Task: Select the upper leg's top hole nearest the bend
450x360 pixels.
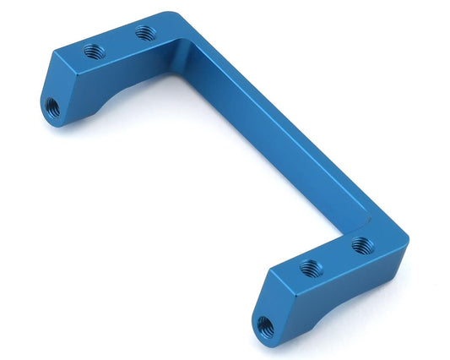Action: (145, 32)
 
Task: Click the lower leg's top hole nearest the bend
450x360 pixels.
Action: (362, 246)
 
